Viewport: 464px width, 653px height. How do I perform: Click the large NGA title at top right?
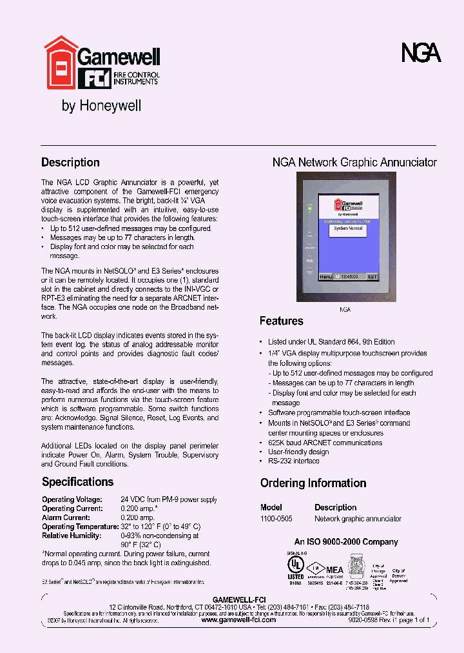pos(421,54)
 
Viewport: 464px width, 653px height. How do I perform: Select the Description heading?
pos(70,163)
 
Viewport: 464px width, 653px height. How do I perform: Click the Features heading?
pos(281,321)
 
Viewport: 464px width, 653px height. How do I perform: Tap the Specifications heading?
pos(77,482)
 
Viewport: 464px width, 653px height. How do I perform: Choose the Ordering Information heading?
pos(313,483)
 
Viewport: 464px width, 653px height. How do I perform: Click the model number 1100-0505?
pos(276,519)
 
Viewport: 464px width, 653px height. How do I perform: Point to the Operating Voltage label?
pos(72,499)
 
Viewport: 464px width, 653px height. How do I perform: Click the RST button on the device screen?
pos(372,276)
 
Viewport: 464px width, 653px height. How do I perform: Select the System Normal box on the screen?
pos(348,229)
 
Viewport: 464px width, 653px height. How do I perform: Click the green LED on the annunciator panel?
pos(309,210)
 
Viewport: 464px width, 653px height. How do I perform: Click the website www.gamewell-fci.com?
pos(238,619)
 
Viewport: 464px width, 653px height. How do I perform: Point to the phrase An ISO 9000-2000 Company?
pos(346,542)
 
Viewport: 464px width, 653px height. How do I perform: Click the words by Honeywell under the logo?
pos(101,105)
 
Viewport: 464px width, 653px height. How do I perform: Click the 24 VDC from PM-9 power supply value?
pos(169,499)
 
